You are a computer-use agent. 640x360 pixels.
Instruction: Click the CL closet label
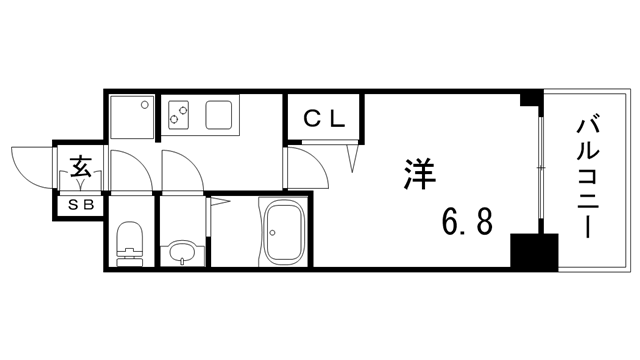(x=325, y=118)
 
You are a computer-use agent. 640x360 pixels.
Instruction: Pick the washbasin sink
(x=181, y=250)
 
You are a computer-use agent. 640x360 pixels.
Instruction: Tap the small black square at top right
(x=530, y=99)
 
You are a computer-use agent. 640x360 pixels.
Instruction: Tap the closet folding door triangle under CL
(x=353, y=154)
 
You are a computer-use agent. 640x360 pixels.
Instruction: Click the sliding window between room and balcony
(x=541, y=170)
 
